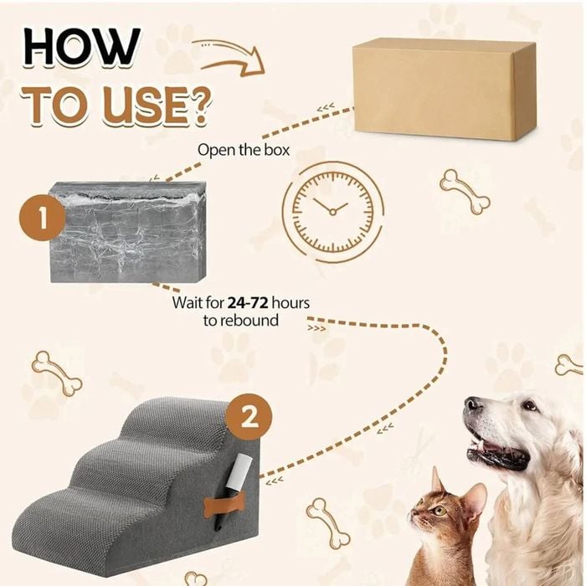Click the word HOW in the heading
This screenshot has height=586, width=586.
[82, 47]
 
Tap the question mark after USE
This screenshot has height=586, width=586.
[197, 105]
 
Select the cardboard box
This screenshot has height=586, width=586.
[445, 89]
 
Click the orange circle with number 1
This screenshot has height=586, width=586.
[42, 217]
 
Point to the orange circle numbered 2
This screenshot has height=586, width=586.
[249, 417]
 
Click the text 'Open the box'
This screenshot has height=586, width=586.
[244, 150]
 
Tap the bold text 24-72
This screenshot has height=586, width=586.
[248, 302]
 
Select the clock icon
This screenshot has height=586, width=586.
[332, 212]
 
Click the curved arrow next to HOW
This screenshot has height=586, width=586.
[233, 59]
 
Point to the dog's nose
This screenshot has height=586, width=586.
[472, 404]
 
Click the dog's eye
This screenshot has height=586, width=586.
[529, 405]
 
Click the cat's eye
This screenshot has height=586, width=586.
[439, 511]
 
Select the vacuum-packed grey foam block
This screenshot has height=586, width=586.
[128, 232]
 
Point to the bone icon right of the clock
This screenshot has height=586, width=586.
[465, 192]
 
